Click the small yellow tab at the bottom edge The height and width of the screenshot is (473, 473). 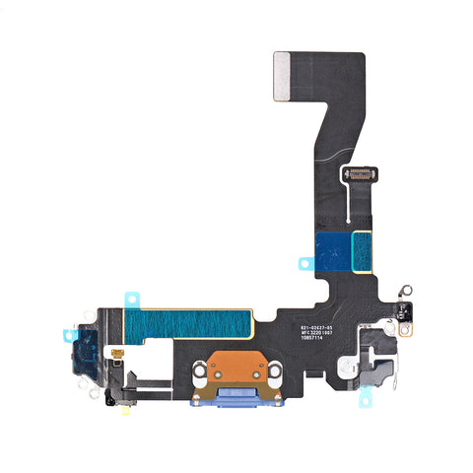(x=126, y=413)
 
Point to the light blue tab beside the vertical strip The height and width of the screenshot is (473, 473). (x=304, y=263)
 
